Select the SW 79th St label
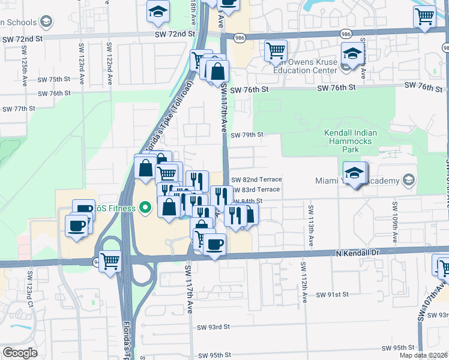247,135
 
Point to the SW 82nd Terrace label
256,179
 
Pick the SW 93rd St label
214,327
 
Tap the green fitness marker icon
145,209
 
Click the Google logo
20,353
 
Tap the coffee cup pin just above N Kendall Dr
215,244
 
